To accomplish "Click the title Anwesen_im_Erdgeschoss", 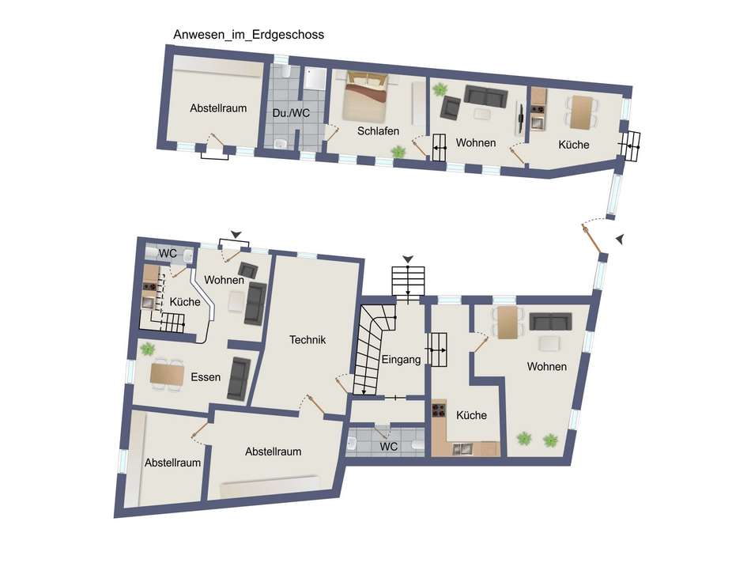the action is click(x=248, y=35).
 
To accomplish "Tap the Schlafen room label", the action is click(x=378, y=130).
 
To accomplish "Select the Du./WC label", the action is click(x=291, y=113).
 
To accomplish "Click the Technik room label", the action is click(x=308, y=340).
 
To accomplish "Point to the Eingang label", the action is click(x=401, y=359).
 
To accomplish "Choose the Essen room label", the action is click(x=206, y=377).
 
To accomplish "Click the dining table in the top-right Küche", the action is click(x=582, y=112).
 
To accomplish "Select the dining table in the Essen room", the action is click(x=167, y=374).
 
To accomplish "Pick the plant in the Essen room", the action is click(x=148, y=350).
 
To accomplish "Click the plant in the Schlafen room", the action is click(x=398, y=153).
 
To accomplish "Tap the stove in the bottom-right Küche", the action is click(x=439, y=410).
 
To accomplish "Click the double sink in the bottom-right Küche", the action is click(x=462, y=449).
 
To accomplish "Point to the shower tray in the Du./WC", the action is click(x=315, y=78).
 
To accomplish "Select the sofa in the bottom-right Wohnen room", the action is click(x=551, y=322).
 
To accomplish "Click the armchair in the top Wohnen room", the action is click(x=451, y=108).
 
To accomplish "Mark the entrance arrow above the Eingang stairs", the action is click(x=408, y=259).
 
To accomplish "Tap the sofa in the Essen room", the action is click(x=239, y=379).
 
